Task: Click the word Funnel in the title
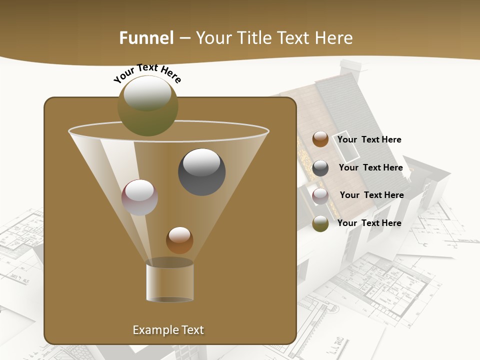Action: tap(146, 38)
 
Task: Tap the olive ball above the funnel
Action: tap(147, 105)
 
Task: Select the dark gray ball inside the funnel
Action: tap(201, 171)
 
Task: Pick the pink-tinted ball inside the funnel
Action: tap(139, 197)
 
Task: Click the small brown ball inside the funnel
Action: tap(179, 240)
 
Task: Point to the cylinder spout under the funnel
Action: tap(169, 280)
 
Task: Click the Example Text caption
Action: tap(168, 330)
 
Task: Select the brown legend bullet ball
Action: tap(320, 139)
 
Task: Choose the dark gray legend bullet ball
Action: tap(320, 168)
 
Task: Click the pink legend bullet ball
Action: tap(320, 196)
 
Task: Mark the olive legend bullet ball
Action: tap(320, 223)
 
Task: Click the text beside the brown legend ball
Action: tap(369, 140)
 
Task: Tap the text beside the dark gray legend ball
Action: tap(370, 168)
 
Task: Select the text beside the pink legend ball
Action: tap(371, 195)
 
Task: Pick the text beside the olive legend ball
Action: tap(369, 223)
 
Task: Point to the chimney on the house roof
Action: tap(350, 68)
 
